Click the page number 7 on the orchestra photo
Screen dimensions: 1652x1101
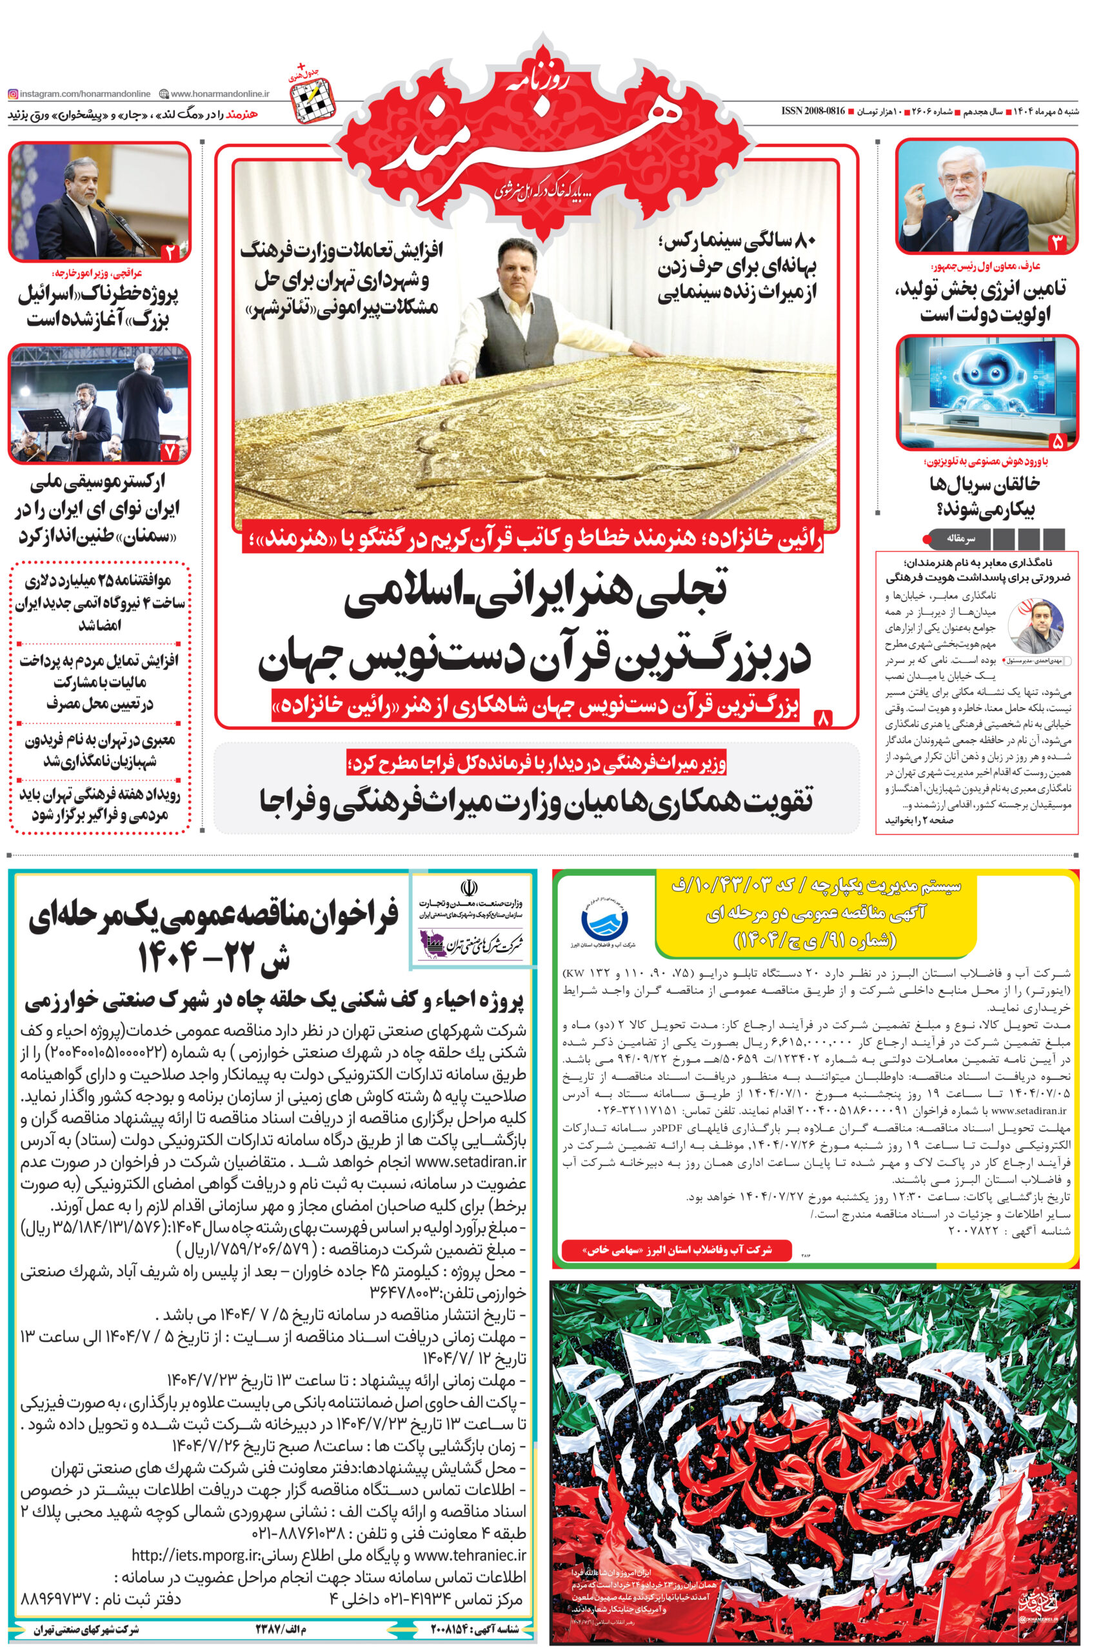[x=170, y=452]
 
